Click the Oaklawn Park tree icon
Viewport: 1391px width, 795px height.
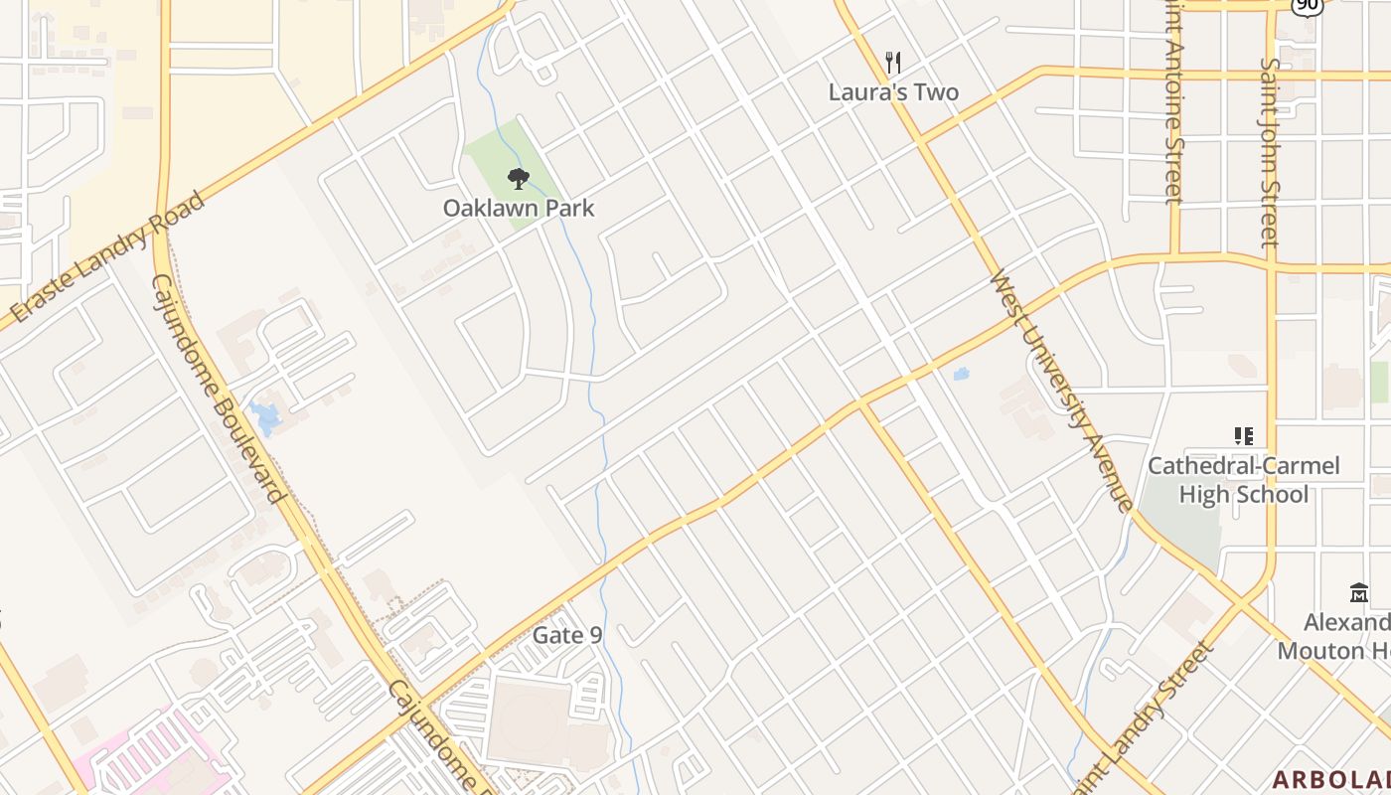tap(518, 179)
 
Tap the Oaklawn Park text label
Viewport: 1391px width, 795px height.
tap(518, 208)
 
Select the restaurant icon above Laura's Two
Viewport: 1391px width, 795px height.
tap(893, 64)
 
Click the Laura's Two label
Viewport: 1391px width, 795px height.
tap(893, 92)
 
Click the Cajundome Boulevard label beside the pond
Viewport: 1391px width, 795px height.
tap(218, 388)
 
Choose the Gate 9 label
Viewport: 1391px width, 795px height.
tap(567, 635)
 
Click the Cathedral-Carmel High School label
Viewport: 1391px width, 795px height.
tap(1243, 480)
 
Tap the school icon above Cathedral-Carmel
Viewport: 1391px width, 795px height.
tap(1243, 435)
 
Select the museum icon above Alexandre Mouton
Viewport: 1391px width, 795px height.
tap(1359, 593)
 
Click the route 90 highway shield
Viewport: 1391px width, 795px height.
tap(1308, 5)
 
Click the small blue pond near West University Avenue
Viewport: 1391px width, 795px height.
tap(960, 375)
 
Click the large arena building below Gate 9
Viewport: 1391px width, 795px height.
tap(532, 720)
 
